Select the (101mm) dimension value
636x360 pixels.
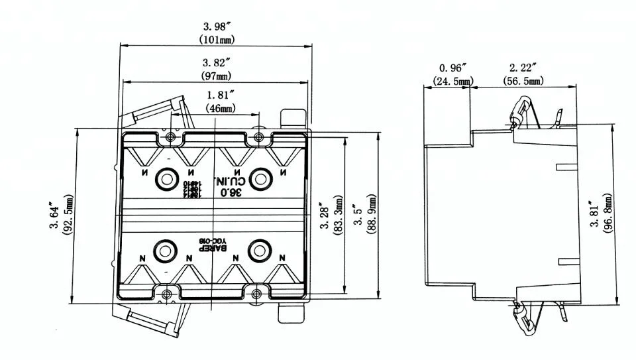(216, 39)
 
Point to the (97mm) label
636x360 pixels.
(216, 76)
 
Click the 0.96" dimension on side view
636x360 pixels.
(453, 68)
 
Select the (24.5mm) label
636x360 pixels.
(453, 81)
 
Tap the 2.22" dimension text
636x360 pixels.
(522, 68)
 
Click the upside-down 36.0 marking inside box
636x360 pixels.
(230, 192)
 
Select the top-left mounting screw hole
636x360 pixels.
(170, 137)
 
